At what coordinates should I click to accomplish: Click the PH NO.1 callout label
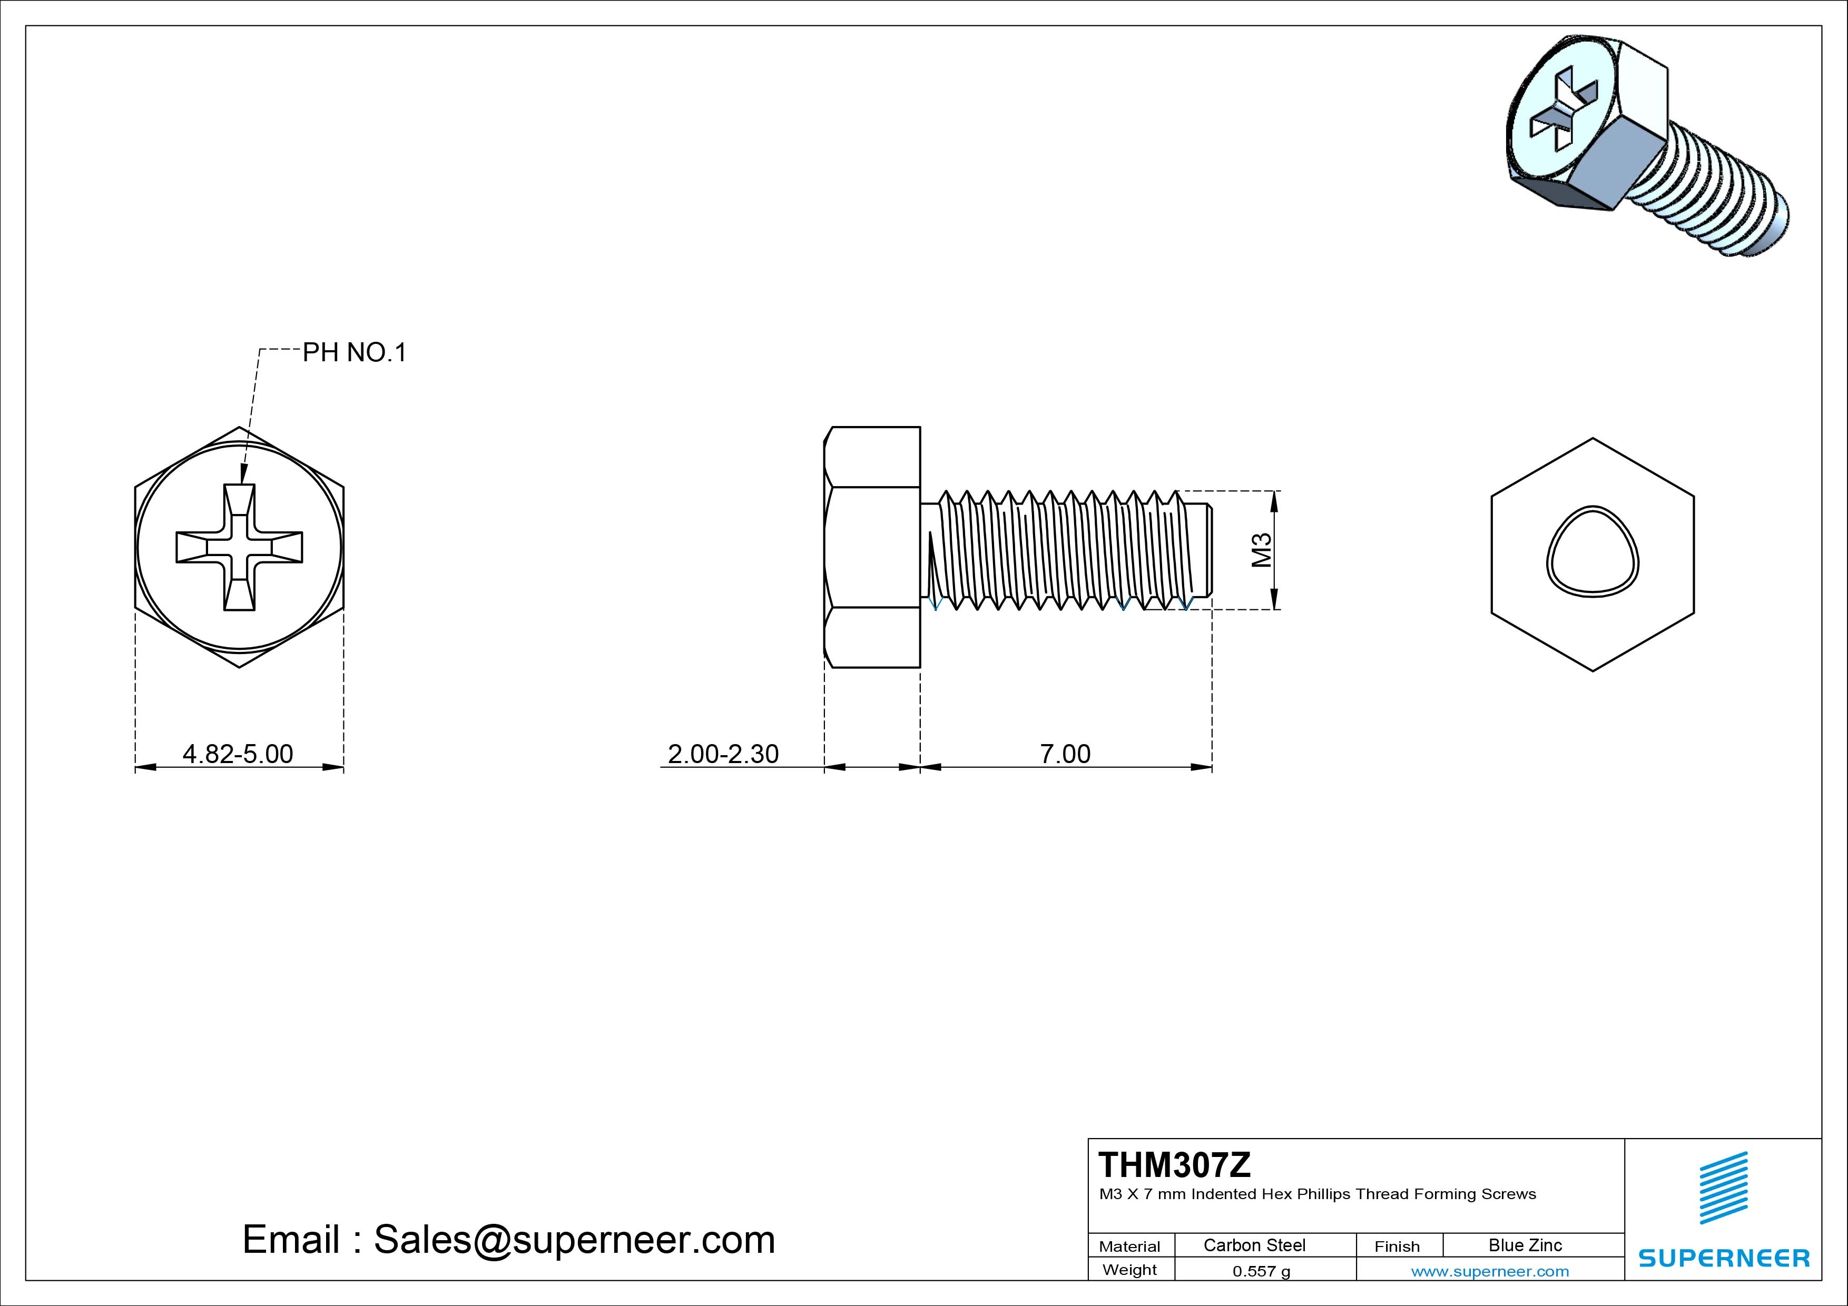[354, 352]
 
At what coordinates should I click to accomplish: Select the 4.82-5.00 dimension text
[238, 754]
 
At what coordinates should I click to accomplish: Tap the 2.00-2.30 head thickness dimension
[723, 754]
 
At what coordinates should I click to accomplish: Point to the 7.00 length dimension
[1065, 754]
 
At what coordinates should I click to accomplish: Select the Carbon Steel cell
[1254, 1245]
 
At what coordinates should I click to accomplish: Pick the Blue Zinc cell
[1525, 1245]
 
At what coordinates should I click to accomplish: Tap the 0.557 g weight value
[1261, 1271]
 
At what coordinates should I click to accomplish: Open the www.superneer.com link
[1490, 1271]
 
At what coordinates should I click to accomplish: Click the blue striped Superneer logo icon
[1723, 1188]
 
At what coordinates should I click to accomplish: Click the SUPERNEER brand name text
[1723, 1258]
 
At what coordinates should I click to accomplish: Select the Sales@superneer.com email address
[574, 1239]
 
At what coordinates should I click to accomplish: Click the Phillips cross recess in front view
[239, 547]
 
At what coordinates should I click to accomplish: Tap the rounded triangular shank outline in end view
[1592, 552]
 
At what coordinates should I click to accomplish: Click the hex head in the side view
[872, 547]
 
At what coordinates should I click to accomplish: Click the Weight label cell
[1129, 1270]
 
